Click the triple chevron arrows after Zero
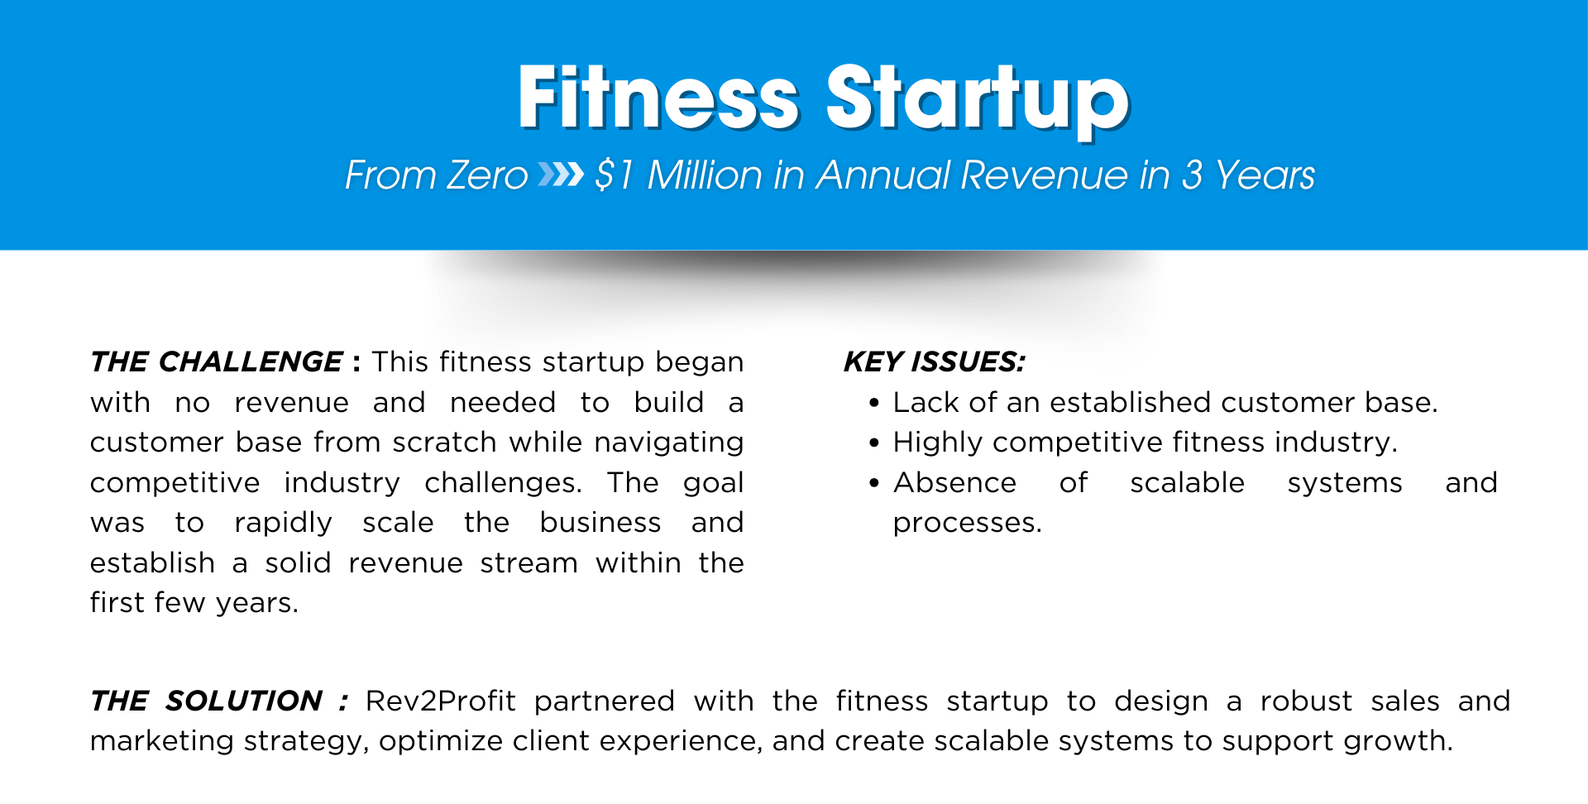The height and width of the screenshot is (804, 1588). point(561,175)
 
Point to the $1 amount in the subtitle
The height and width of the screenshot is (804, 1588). point(614,175)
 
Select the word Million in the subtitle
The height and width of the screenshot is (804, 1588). point(706,175)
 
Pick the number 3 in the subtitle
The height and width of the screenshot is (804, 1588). point(1192,175)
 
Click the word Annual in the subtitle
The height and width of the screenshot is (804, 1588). point(883,175)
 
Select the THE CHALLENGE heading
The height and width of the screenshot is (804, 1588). point(217,361)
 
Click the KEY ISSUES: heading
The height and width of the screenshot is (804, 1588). point(935,361)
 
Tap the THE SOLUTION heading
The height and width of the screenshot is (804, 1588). point(207,701)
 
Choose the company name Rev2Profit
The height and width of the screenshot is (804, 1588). point(441,701)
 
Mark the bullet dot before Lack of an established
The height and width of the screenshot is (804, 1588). point(874,404)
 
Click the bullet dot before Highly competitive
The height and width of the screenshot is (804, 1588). point(874,443)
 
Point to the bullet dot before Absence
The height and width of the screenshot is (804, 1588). point(874,484)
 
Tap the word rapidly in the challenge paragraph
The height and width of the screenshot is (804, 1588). point(284,524)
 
